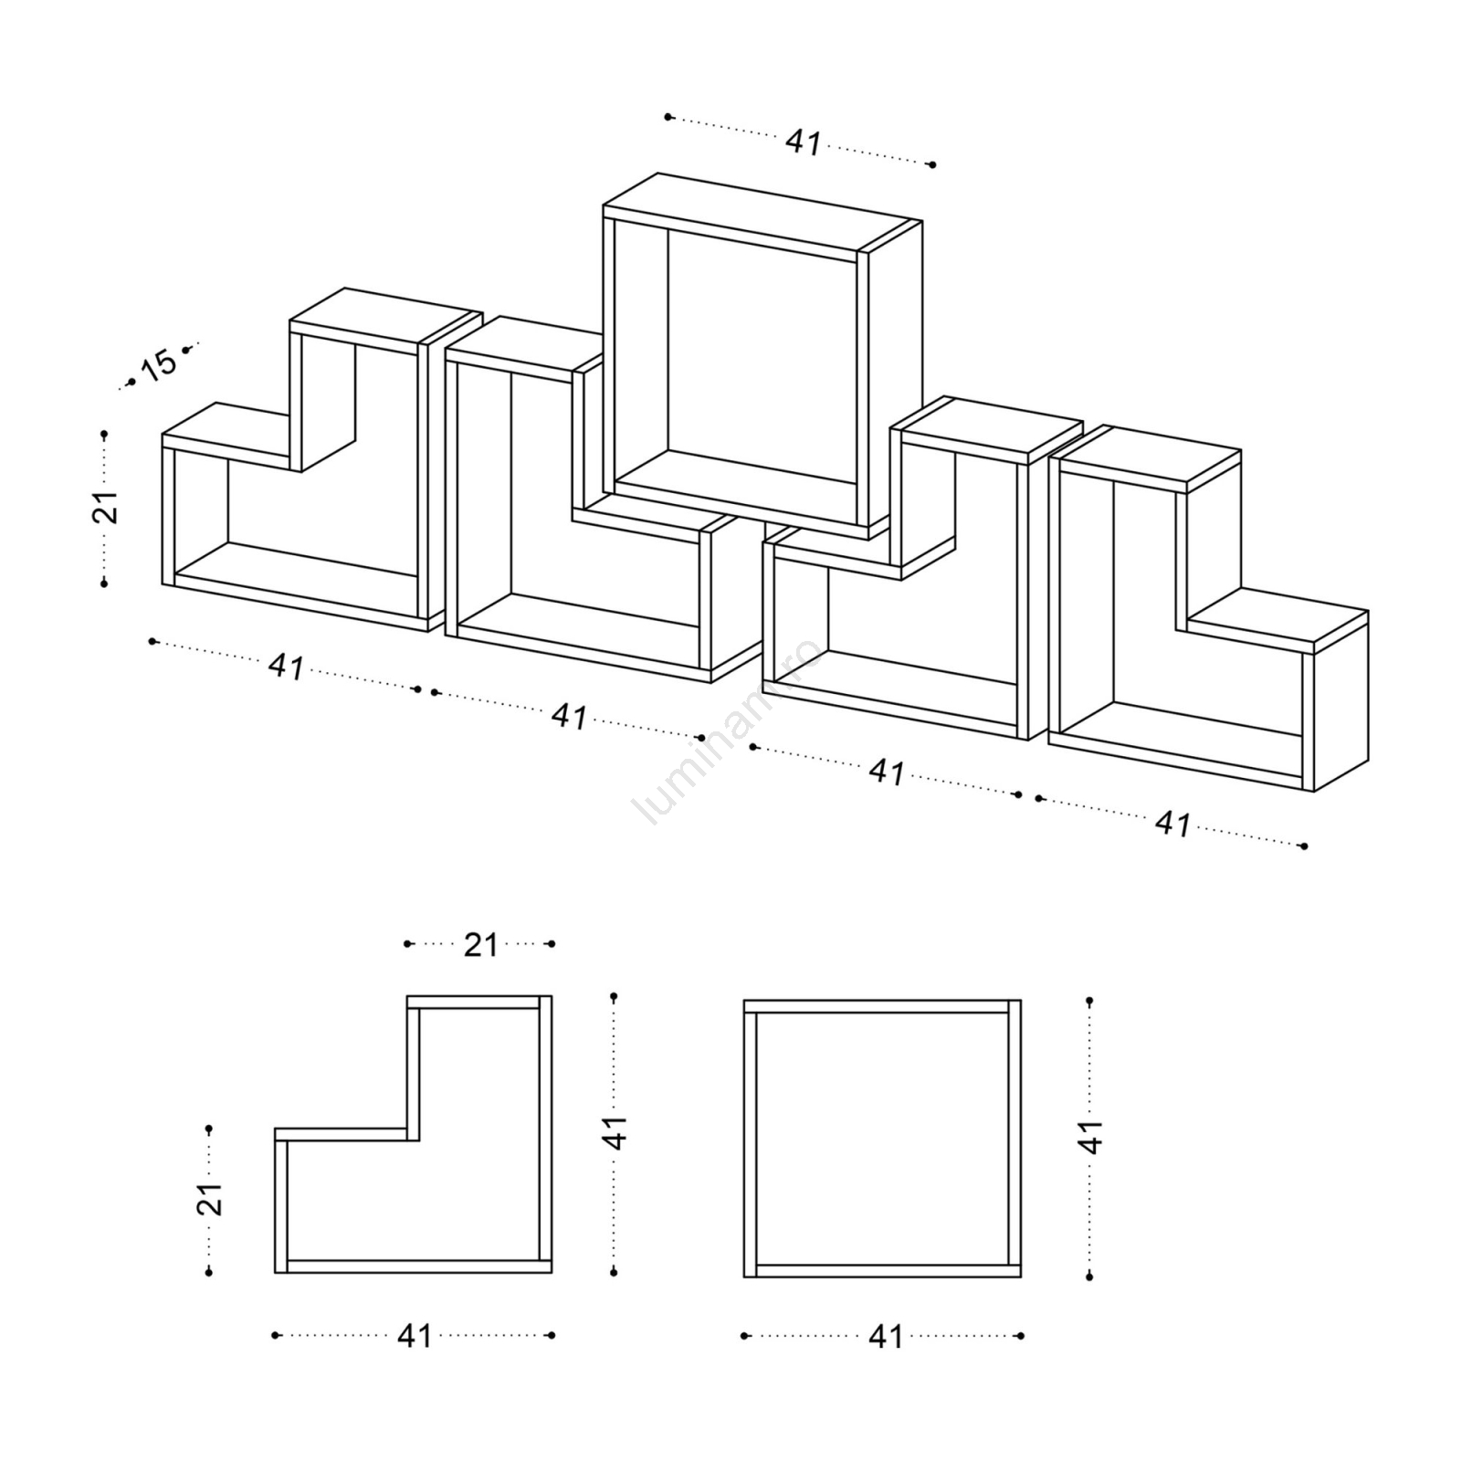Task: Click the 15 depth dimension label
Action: pyautogui.click(x=158, y=364)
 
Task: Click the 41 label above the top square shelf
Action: pyautogui.click(x=804, y=142)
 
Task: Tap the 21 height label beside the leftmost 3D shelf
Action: pyautogui.click(x=106, y=507)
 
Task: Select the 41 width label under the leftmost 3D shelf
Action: pyautogui.click(x=286, y=667)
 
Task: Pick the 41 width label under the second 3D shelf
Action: pyautogui.click(x=569, y=717)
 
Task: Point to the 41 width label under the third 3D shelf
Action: pyautogui.click(x=887, y=772)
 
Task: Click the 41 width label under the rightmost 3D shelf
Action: pyautogui.click(x=1173, y=824)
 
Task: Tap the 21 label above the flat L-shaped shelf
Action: pyautogui.click(x=480, y=945)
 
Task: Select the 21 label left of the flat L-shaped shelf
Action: pyautogui.click(x=210, y=1199)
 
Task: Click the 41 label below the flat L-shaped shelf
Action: pyautogui.click(x=415, y=1336)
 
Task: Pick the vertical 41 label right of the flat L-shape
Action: pyautogui.click(x=616, y=1132)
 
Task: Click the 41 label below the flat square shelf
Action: pyautogui.click(x=886, y=1336)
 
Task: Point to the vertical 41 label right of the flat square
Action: pyautogui.click(x=1091, y=1137)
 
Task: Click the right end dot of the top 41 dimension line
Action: pyautogui.click(x=931, y=165)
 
